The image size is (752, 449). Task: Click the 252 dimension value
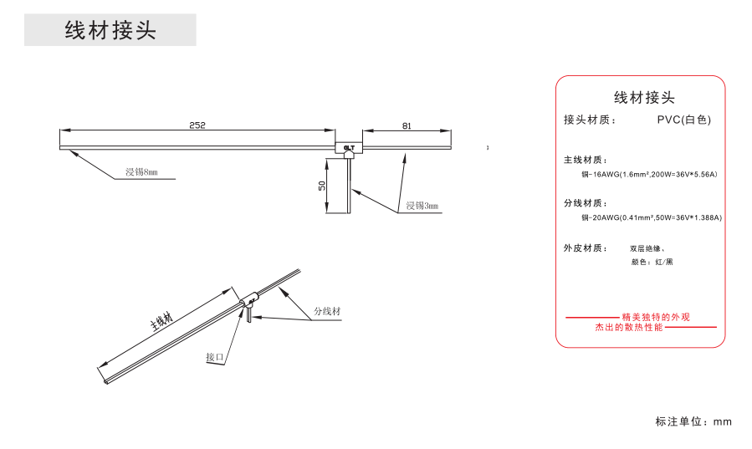pyautogui.click(x=197, y=125)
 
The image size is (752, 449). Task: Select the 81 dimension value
pyautogui.click(x=407, y=126)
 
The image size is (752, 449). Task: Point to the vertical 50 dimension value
pyautogui.click(x=321, y=186)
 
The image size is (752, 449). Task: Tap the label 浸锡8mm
pyautogui.click(x=141, y=173)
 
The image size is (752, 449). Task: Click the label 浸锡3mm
pyautogui.click(x=422, y=206)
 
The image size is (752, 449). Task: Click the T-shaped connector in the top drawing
pyautogui.click(x=349, y=148)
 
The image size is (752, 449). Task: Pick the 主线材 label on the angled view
pyautogui.click(x=161, y=322)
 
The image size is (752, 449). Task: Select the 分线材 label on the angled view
pyautogui.click(x=327, y=311)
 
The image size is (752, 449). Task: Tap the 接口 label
pyautogui.click(x=216, y=357)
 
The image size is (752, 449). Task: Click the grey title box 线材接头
pyautogui.click(x=110, y=31)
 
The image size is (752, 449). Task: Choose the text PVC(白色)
pyautogui.click(x=683, y=120)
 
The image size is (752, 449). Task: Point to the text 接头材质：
pyautogui.click(x=591, y=120)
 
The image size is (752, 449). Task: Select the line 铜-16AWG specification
pyautogui.click(x=649, y=175)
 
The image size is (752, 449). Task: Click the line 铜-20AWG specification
pyautogui.click(x=651, y=217)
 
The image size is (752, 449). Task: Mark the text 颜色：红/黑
pyautogui.click(x=652, y=263)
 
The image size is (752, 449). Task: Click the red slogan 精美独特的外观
pyautogui.click(x=656, y=318)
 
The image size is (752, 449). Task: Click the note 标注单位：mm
pyautogui.click(x=693, y=421)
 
